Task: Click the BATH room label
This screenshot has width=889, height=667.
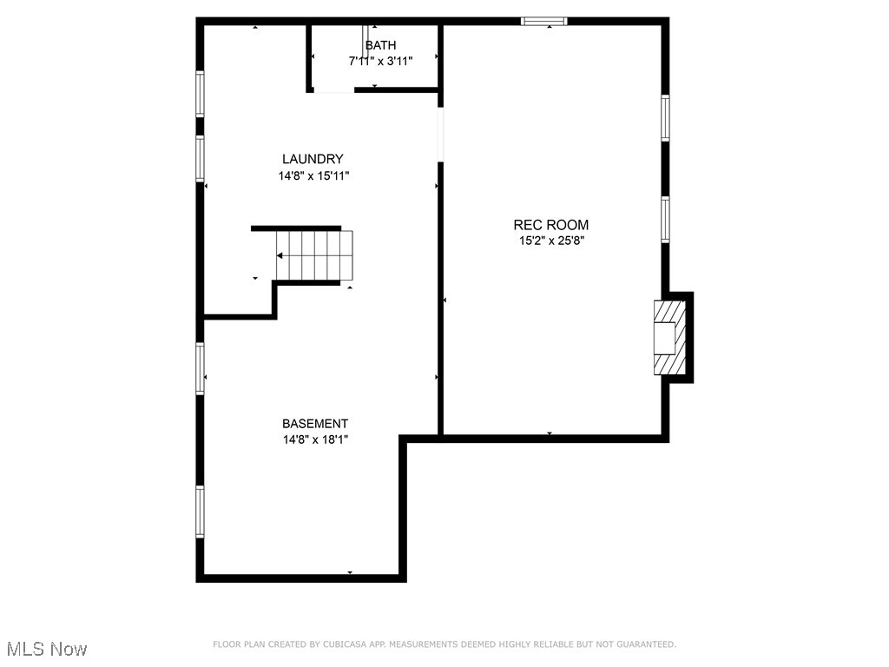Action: [x=380, y=45]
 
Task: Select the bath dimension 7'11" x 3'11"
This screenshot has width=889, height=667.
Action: [x=380, y=61]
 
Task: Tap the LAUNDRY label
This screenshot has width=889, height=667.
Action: [x=313, y=159]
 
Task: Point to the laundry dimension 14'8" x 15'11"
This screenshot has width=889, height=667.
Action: [x=313, y=175]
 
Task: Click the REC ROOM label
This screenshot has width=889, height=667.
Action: [x=551, y=225]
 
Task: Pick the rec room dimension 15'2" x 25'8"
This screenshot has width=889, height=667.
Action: [x=551, y=241]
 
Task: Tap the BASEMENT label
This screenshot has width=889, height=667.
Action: [x=314, y=424]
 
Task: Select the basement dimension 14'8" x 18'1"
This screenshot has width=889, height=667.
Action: [x=314, y=439]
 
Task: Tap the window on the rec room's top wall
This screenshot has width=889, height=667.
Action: [x=544, y=21]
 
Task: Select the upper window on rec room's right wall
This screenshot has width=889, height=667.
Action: [x=665, y=118]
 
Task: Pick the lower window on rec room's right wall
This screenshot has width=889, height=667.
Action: [x=665, y=219]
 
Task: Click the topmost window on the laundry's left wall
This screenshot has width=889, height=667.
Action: [x=200, y=94]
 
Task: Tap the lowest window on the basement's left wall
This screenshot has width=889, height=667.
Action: [x=200, y=512]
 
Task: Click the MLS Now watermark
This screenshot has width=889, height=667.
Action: [x=47, y=649]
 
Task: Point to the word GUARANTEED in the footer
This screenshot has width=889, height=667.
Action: [x=645, y=644]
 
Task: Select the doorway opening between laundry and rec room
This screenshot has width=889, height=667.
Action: [x=441, y=134]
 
